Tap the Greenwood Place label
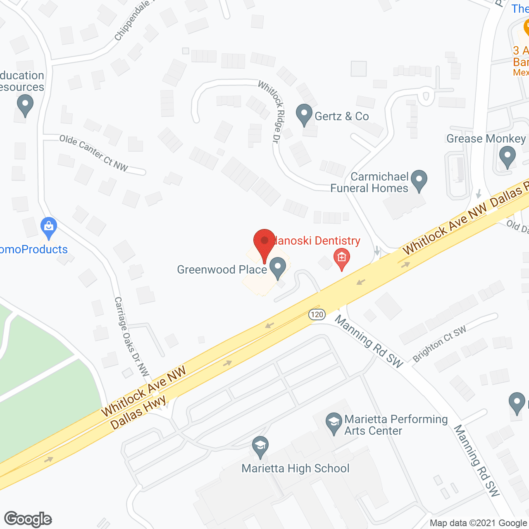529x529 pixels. pos(222,269)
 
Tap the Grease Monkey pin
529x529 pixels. pos(507,157)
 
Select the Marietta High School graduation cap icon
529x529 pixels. pos(260,447)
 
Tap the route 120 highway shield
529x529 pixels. pos(317,315)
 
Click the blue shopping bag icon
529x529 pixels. pos(49,227)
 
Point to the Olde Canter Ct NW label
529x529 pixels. pos(93,153)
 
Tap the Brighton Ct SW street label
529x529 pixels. pos(439,343)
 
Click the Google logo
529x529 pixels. pos(28,519)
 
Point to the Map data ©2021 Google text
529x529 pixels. pos(478,523)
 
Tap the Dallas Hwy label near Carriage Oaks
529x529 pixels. pos(138,412)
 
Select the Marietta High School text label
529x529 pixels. pos(295,468)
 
